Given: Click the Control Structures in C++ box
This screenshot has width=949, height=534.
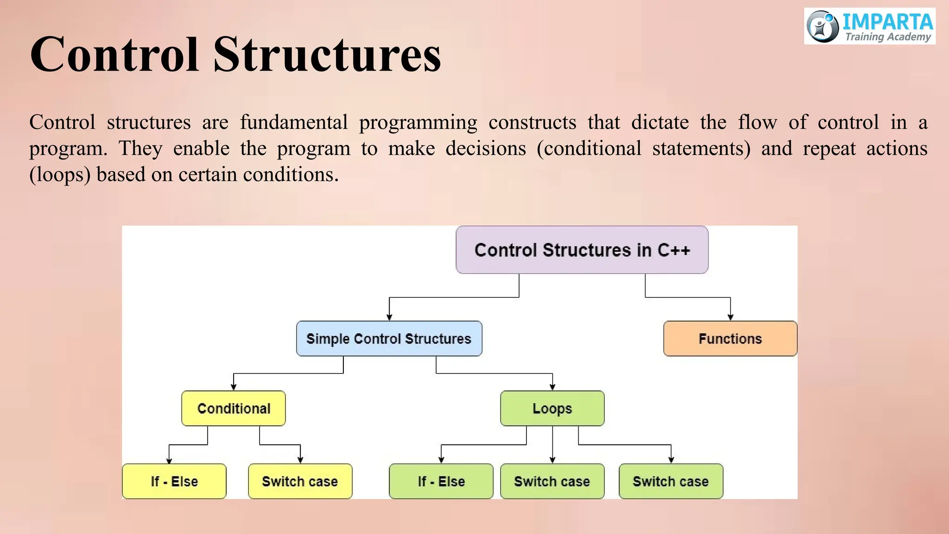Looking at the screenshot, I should pos(582,250).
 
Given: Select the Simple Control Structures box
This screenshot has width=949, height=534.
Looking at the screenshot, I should pos(389,338).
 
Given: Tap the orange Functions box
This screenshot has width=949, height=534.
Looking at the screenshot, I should pos(730,338).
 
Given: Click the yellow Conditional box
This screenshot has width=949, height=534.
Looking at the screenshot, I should pos(234,408).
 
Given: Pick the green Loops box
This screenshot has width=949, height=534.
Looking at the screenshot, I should pos(552,408).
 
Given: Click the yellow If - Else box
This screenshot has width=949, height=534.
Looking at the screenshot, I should pos(174,481).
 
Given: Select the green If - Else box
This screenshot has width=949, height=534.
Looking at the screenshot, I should pos(441,481).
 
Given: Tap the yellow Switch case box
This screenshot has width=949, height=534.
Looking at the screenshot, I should pos(300,481).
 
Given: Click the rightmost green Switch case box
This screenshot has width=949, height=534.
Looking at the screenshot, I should pos(671,481).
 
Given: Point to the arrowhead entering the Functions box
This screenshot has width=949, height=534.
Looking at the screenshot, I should pos(730,318).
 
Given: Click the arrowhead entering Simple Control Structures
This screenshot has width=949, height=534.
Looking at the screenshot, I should pos(389,318).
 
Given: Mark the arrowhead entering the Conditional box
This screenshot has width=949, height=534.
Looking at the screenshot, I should pos(234,387).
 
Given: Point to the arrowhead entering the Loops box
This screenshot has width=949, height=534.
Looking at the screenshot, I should pos(552,387).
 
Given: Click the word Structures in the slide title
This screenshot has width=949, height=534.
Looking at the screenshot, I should pos(327,55).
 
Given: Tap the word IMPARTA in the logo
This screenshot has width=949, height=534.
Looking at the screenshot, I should pos(887,22).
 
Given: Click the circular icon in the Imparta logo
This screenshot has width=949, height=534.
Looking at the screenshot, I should pos(822,26).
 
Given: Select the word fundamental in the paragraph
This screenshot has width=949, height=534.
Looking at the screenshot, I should pos(294,122).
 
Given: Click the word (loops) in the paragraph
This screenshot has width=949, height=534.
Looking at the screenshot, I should pos(60,175).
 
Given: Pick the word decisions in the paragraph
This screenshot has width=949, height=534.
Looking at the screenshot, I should pos(486,149).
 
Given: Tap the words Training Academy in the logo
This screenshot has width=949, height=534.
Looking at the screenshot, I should pos(888,37).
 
